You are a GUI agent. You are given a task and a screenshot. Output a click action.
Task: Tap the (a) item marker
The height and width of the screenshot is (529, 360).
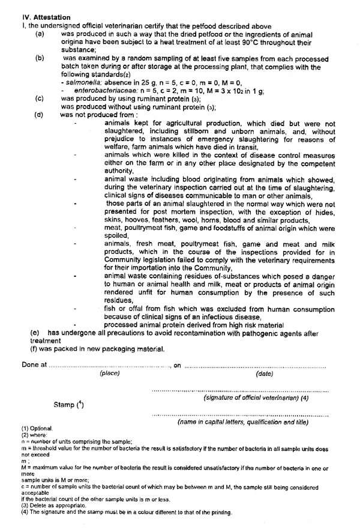[40, 36]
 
